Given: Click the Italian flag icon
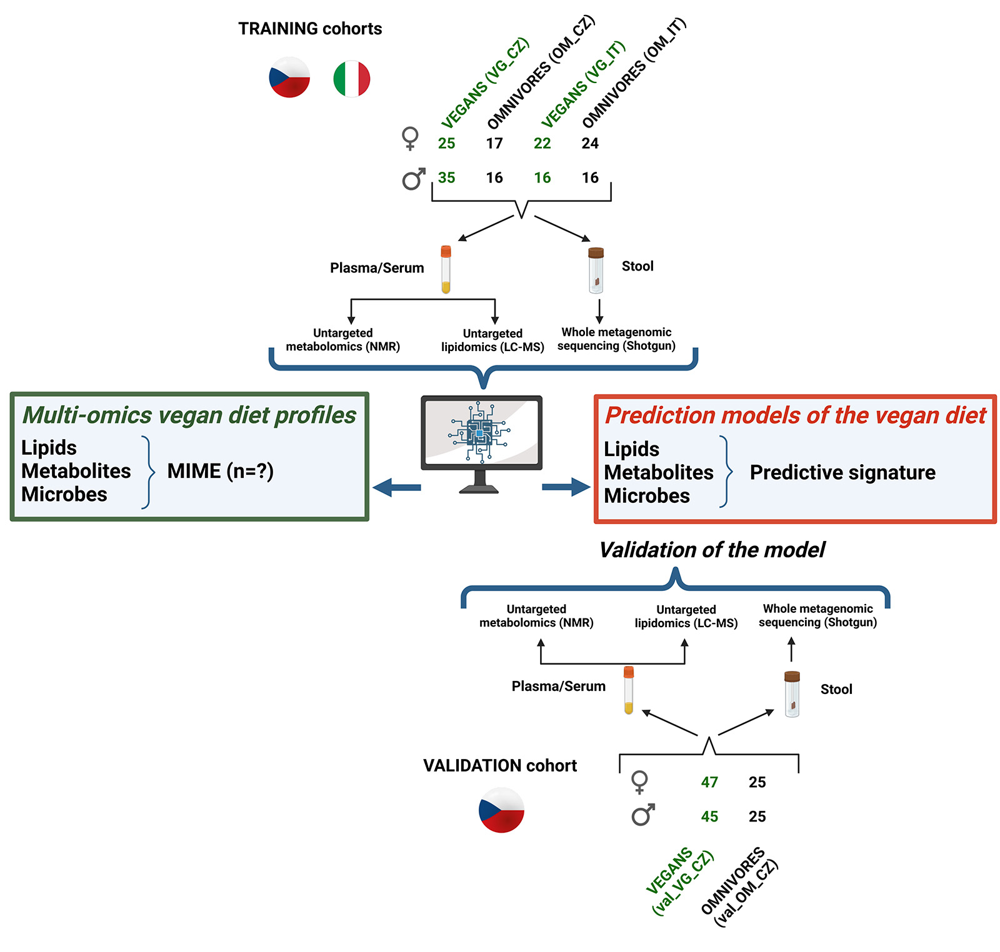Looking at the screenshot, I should [x=352, y=79].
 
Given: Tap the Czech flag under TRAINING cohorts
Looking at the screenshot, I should [x=289, y=77].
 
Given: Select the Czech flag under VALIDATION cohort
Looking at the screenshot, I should [x=501, y=810].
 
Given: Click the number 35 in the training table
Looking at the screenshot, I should [x=446, y=177].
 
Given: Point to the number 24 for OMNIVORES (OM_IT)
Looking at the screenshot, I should [x=590, y=144].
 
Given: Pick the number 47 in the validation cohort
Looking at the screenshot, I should [x=709, y=782].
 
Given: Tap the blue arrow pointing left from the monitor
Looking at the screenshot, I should [x=396, y=487].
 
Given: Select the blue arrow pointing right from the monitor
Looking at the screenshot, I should [x=566, y=487].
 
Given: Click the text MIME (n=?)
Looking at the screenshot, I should [x=220, y=471].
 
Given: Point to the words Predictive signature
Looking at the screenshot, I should [x=842, y=473].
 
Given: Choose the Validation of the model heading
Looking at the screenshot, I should [x=712, y=550].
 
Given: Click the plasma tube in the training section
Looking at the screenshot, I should [x=446, y=269].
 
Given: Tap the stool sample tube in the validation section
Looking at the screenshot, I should [x=792, y=693].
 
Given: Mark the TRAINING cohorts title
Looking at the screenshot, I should [x=310, y=29].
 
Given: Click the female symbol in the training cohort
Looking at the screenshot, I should [x=410, y=138].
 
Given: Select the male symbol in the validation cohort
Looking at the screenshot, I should [x=642, y=815].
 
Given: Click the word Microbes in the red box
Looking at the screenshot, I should [x=647, y=496].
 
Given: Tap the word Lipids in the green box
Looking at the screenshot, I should [x=49, y=448].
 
